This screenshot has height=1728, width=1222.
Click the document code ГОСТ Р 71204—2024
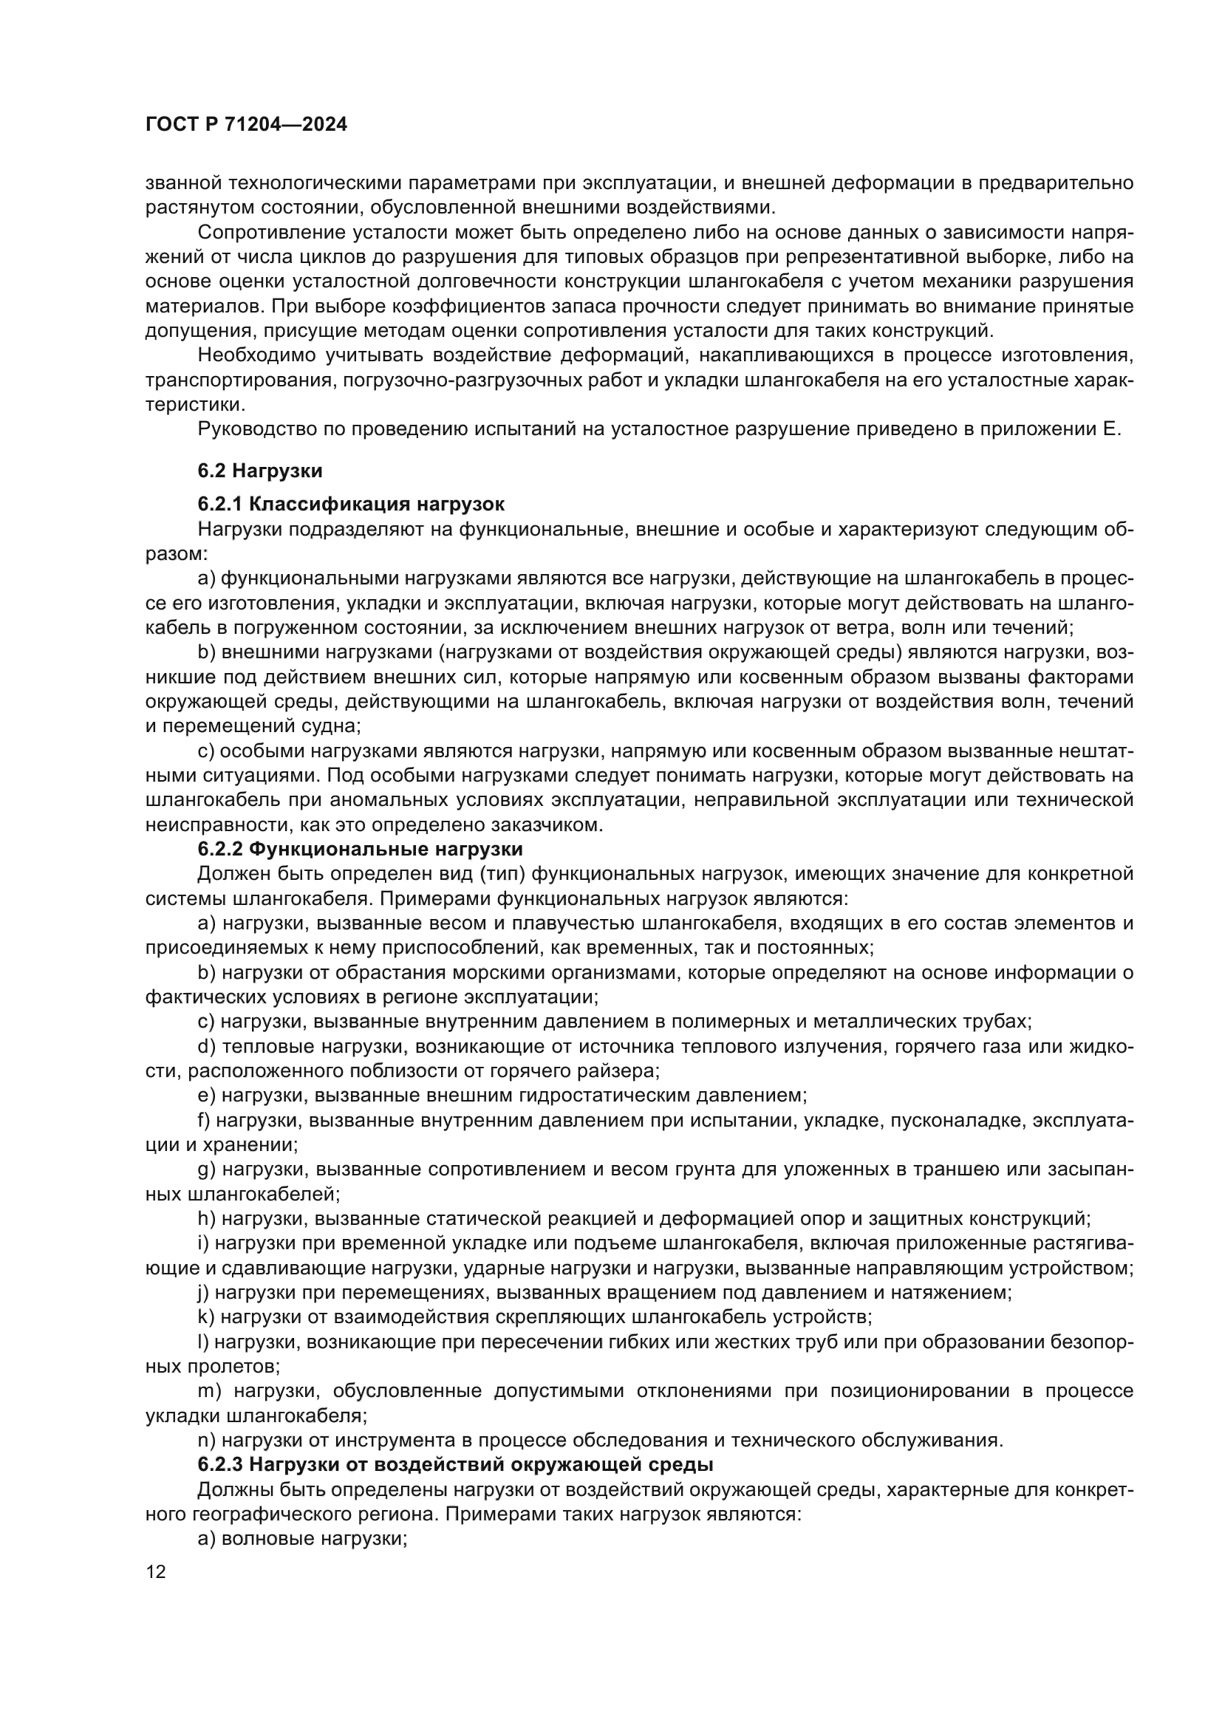click(x=246, y=125)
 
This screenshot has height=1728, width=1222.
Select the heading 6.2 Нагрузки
click(x=259, y=471)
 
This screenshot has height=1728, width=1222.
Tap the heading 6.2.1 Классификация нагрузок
click(x=351, y=504)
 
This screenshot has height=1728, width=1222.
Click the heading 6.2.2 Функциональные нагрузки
click(x=360, y=849)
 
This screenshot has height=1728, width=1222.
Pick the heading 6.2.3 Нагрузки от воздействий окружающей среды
click(x=455, y=1464)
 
